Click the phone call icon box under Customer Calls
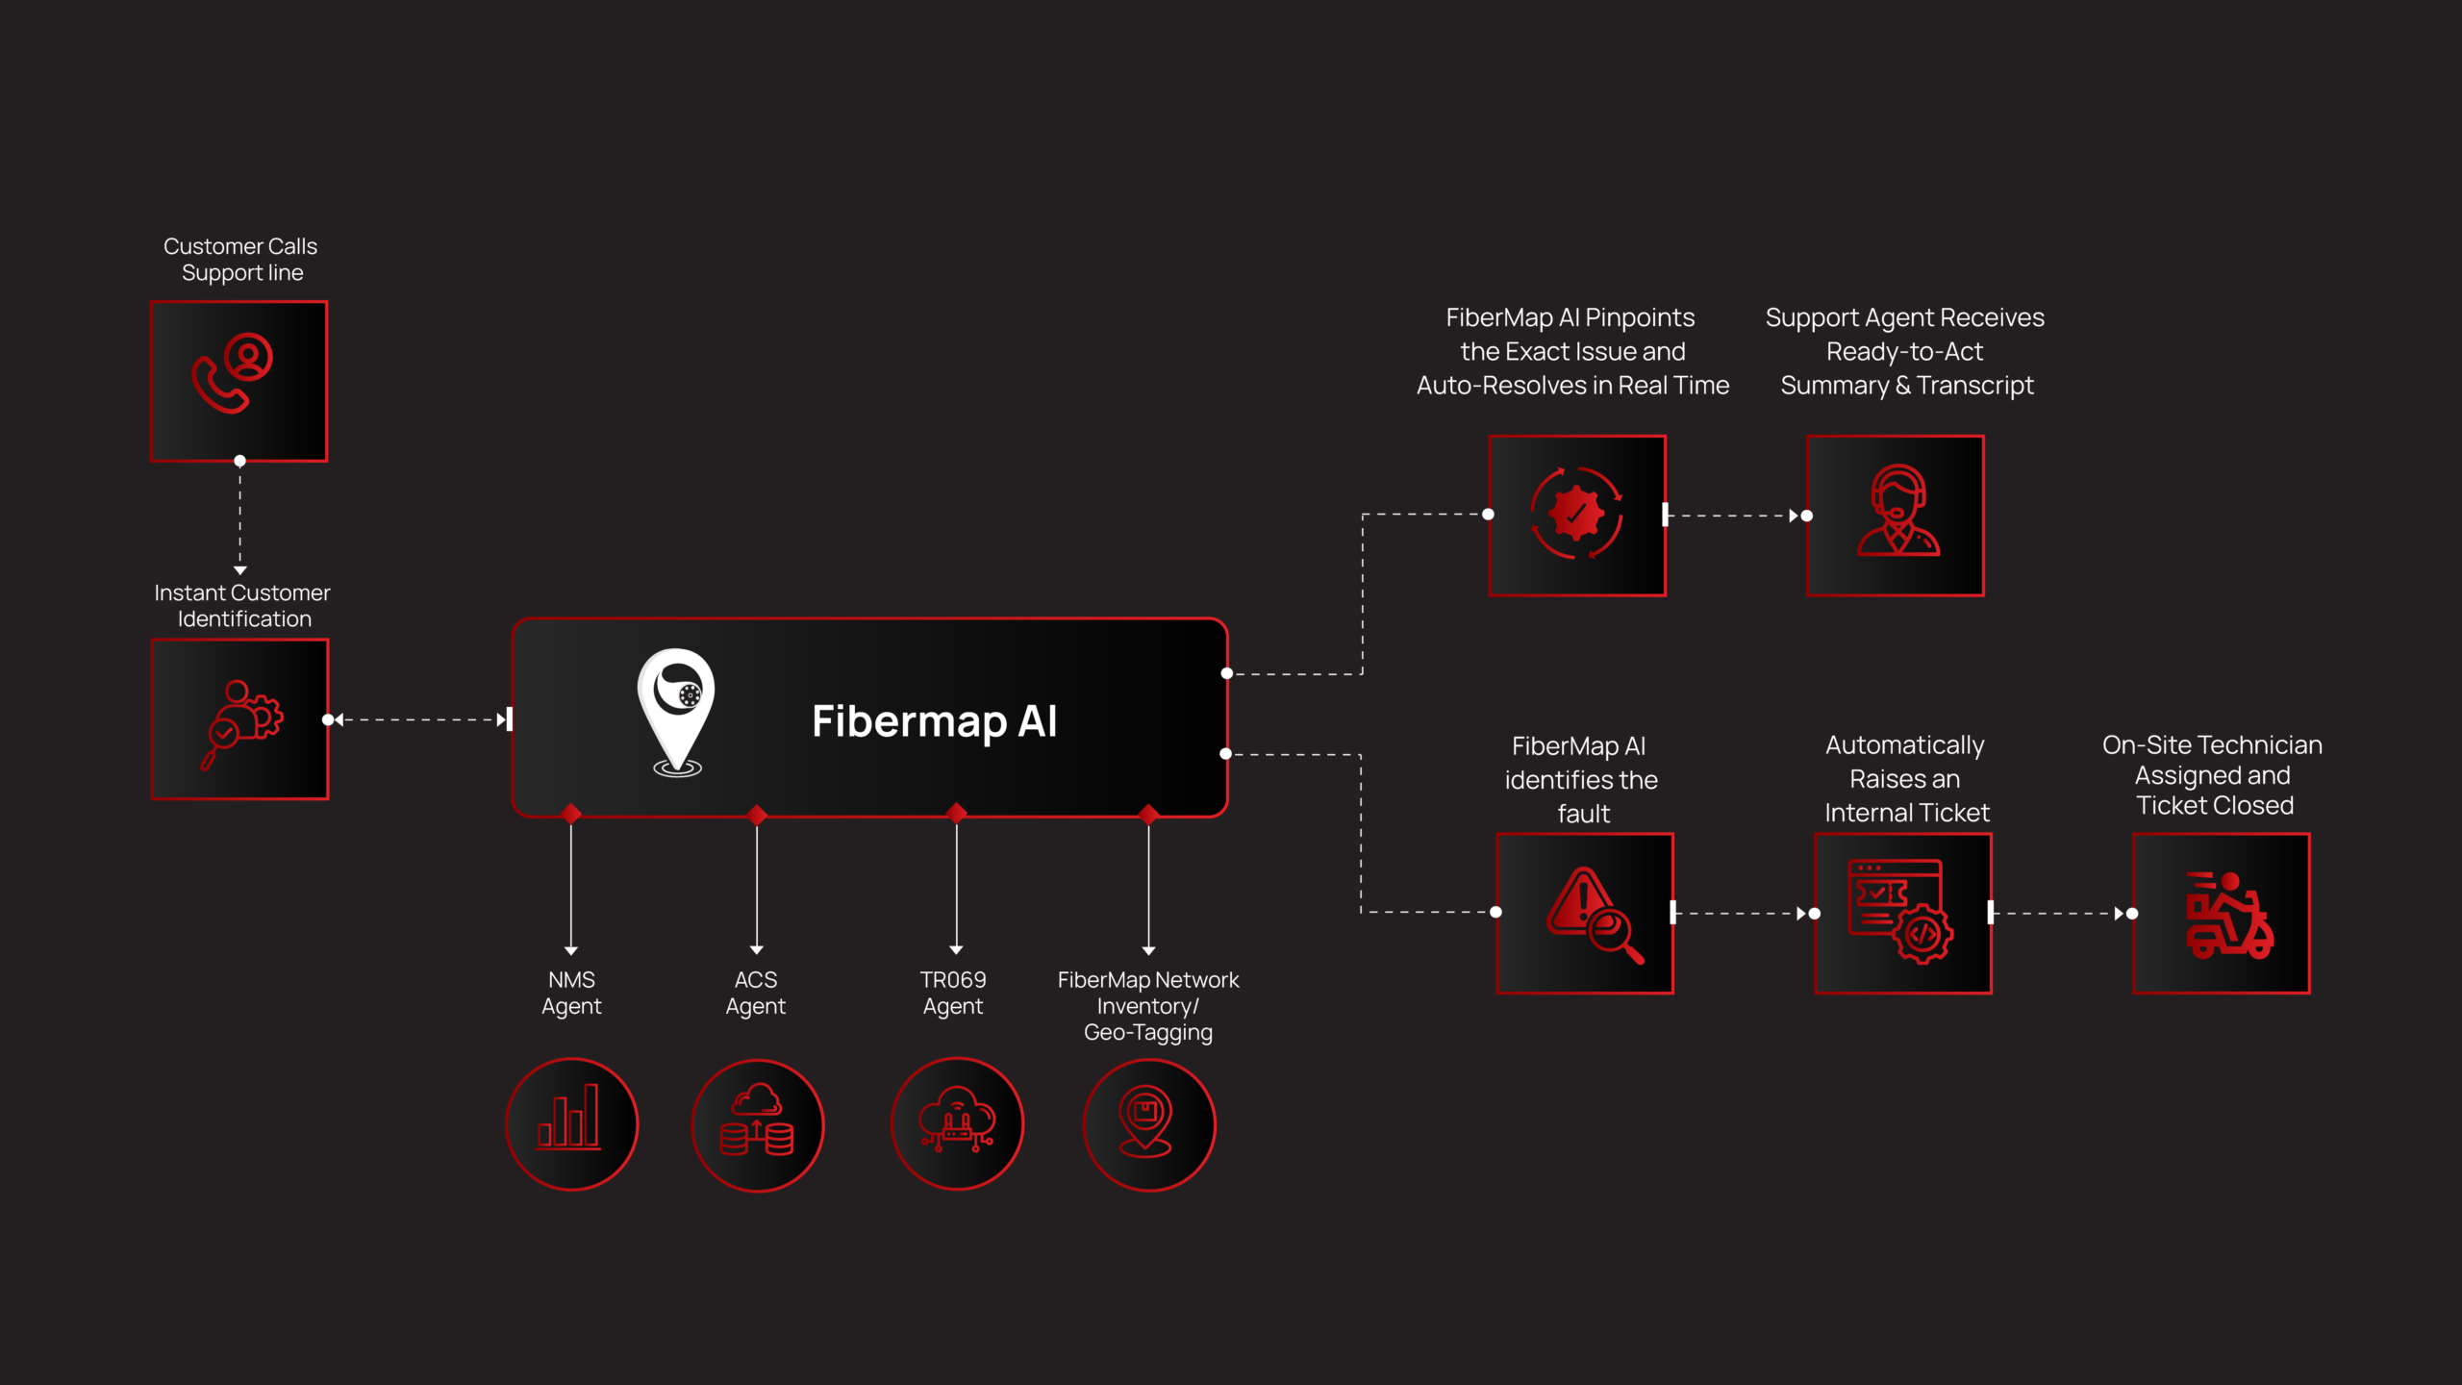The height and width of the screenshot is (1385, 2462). pos(239,381)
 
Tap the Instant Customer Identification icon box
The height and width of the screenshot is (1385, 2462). pos(239,719)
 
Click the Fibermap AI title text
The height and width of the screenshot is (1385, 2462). pos(934,721)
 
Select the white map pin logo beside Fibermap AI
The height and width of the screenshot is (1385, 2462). pos(676,712)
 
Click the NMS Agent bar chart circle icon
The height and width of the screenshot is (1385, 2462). pos(571,1123)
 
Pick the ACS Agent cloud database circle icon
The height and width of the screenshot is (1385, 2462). pos(757,1124)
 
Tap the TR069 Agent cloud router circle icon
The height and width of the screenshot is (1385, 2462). pos(957,1123)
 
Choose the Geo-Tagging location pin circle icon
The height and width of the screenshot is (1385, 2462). pos(1148,1124)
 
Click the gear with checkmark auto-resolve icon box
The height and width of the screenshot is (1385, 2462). pos(1576,516)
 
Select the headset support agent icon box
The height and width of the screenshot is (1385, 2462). pos(1895,516)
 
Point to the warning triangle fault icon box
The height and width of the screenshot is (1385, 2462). pos(1585,913)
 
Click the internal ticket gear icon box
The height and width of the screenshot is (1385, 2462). pos(1902,913)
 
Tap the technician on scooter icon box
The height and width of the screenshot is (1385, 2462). pos(2221,913)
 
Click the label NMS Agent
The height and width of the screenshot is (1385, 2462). pos(571,993)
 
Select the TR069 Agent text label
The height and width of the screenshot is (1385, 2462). pos(953,993)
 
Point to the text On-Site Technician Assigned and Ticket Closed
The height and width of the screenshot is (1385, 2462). pos(2212,775)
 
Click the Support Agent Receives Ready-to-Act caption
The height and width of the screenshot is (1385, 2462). pos(1905,351)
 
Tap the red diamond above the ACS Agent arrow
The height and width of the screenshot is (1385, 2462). pos(757,816)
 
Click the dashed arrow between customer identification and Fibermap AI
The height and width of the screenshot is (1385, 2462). pos(420,719)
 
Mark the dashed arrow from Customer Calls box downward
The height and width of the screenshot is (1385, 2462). pos(240,517)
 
